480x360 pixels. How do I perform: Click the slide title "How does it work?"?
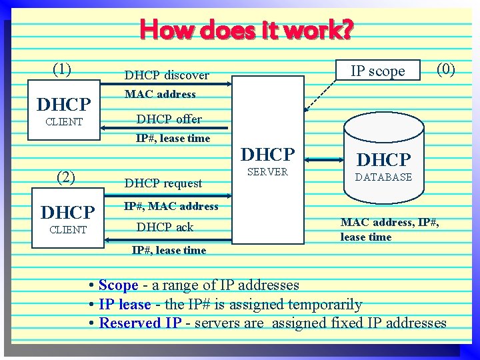pyautogui.click(x=247, y=30)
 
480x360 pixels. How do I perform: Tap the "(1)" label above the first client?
pyautogui.click(x=62, y=69)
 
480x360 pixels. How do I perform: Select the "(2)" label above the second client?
pyautogui.click(x=66, y=177)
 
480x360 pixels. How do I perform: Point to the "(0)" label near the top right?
pyautogui.click(x=445, y=69)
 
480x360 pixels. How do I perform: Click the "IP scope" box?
pyautogui.click(x=378, y=71)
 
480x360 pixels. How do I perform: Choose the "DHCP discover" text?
pyautogui.click(x=167, y=75)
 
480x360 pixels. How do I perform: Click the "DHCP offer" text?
pyautogui.click(x=169, y=119)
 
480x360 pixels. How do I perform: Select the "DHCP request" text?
pyautogui.click(x=163, y=183)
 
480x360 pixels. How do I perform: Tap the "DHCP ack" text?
pyautogui.click(x=165, y=227)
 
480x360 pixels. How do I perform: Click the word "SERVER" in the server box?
pyautogui.click(x=267, y=172)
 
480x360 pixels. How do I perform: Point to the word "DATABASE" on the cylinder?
pyautogui.click(x=383, y=177)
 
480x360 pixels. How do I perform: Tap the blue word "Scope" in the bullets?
pyautogui.click(x=118, y=285)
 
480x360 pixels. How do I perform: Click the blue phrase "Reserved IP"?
pyautogui.click(x=140, y=323)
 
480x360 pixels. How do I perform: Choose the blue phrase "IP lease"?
pyautogui.click(x=125, y=305)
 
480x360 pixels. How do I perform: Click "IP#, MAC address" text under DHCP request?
pyautogui.click(x=171, y=206)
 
